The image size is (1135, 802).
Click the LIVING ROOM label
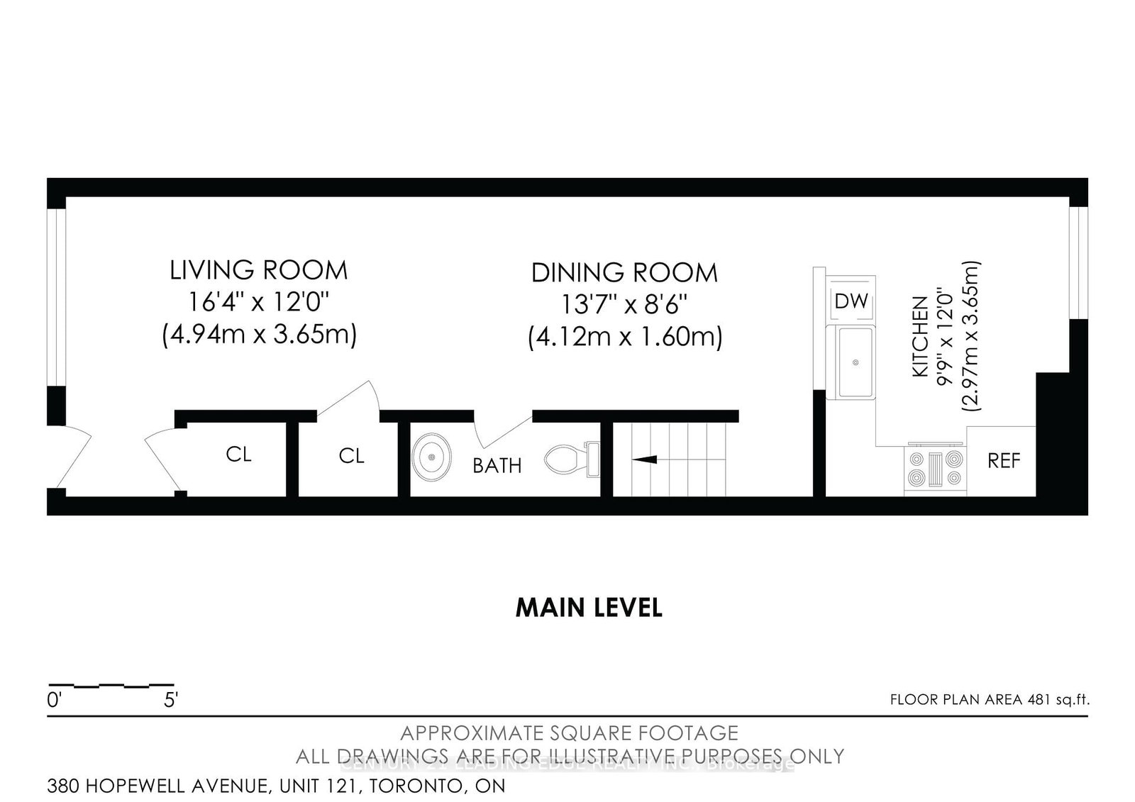click(x=258, y=270)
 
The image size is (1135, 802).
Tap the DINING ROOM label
click(x=624, y=272)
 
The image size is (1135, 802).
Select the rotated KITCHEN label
click(x=920, y=336)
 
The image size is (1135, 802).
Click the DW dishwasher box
click(x=851, y=301)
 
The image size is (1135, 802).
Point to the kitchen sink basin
click(x=855, y=362)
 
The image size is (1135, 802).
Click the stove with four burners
click(x=936, y=469)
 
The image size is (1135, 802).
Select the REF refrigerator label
click(x=1004, y=461)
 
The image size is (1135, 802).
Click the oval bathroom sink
click(x=432, y=457)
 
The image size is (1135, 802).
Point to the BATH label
click(x=497, y=466)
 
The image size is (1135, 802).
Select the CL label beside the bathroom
click(x=351, y=455)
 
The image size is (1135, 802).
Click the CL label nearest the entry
click(x=238, y=454)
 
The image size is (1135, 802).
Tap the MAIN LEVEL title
click(x=589, y=608)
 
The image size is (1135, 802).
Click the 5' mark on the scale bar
click(x=170, y=701)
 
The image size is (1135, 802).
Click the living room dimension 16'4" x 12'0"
click(x=258, y=303)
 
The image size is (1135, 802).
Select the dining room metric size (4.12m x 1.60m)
click(x=624, y=336)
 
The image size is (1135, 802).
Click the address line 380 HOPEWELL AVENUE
click(x=276, y=786)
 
